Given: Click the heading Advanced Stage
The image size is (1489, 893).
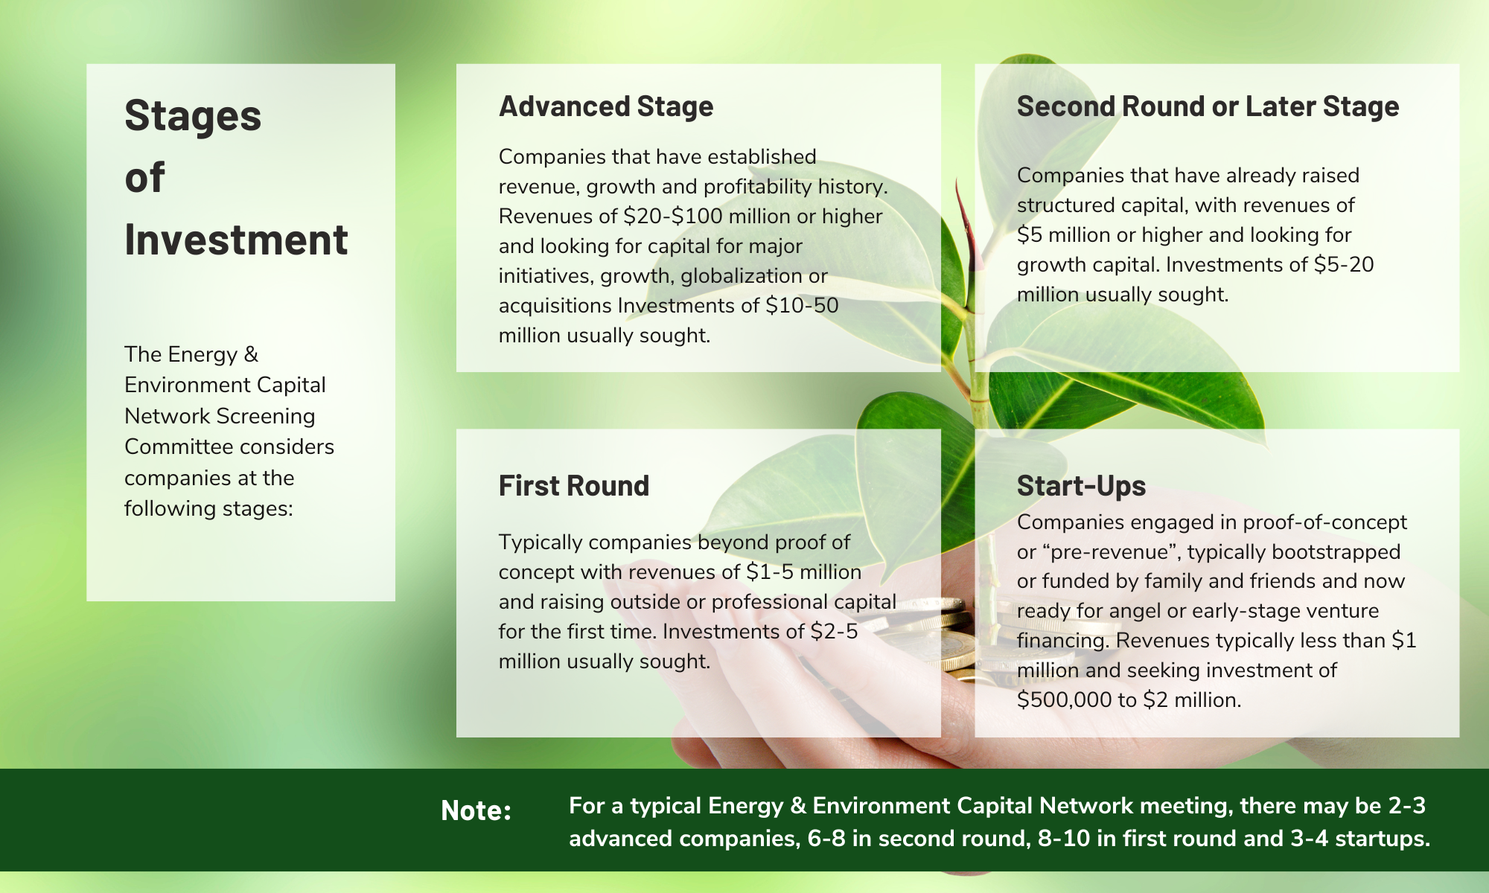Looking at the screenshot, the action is (606, 107).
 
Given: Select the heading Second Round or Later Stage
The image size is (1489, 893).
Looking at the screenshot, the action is (1208, 107).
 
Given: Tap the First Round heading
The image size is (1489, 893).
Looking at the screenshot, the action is (574, 486).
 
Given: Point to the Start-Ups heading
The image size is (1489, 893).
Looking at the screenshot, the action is (1081, 486).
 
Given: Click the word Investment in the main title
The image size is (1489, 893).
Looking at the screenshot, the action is (236, 240).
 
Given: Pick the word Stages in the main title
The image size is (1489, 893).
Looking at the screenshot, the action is (193, 116).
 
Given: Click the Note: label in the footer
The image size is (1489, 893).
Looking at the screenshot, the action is (476, 810).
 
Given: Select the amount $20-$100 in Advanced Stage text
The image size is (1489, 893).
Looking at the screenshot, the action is (673, 217).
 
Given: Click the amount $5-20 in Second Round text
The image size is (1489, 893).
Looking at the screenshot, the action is (1344, 265).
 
